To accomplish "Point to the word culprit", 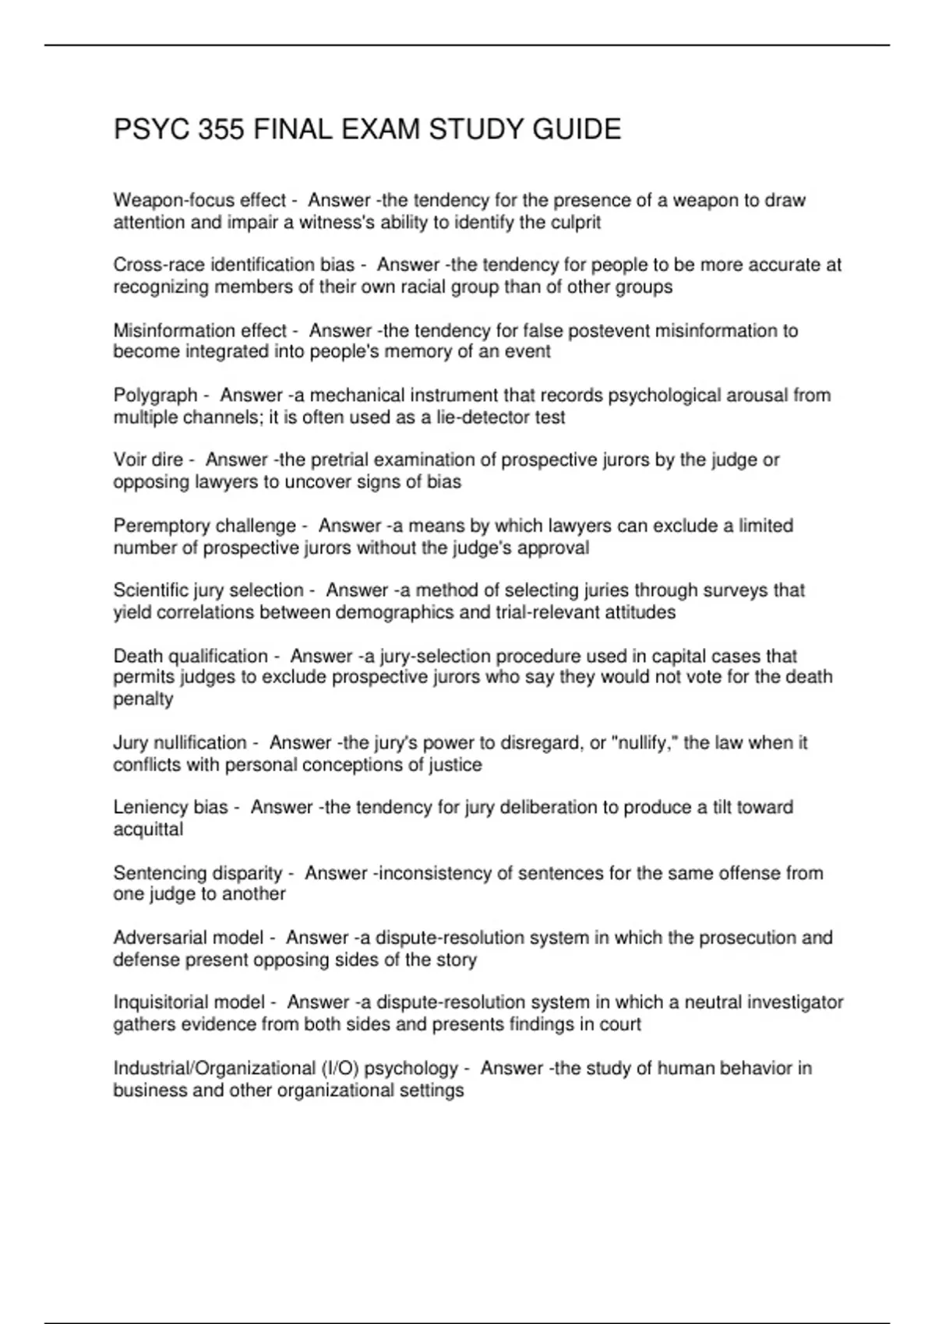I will tap(574, 223).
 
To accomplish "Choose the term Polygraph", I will tap(155, 396).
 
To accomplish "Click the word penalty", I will tap(143, 699).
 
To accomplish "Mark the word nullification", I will tap(198, 743).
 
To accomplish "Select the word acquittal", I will tap(148, 829).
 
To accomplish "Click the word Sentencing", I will tap(158, 873).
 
